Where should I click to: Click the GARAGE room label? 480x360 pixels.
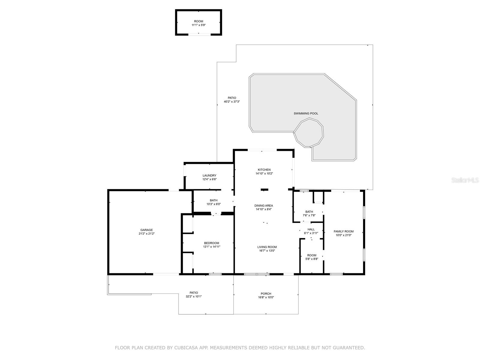pyautogui.click(x=146, y=230)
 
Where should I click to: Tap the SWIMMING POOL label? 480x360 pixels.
pyautogui.click(x=306, y=113)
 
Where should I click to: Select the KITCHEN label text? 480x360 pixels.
pyautogui.click(x=264, y=169)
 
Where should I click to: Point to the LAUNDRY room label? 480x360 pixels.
pyautogui.click(x=209, y=175)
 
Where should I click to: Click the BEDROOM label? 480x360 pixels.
pyautogui.click(x=211, y=243)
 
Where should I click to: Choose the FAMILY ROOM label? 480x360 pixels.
pyautogui.click(x=343, y=232)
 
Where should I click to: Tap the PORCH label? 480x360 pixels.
pyautogui.click(x=266, y=294)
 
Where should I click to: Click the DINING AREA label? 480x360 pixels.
pyautogui.click(x=263, y=206)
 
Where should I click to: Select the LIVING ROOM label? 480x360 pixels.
pyautogui.click(x=267, y=247)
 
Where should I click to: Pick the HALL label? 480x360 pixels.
pyautogui.click(x=311, y=229)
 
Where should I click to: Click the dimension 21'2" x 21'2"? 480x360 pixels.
pyautogui.click(x=146, y=234)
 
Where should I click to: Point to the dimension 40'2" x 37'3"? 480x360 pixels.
pyautogui.click(x=232, y=102)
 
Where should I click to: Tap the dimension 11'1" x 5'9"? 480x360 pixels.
pyautogui.click(x=199, y=25)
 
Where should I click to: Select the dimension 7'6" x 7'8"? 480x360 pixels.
pyautogui.click(x=309, y=215)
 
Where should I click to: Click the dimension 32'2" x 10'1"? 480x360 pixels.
pyautogui.click(x=193, y=297)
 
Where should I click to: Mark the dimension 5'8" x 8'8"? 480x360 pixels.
pyautogui.click(x=312, y=259)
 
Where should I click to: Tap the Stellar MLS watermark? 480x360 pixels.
pyautogui.click(x=465, y=180)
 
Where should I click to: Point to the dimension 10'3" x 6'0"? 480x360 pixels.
pyautogui.click(x=214, y=204)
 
